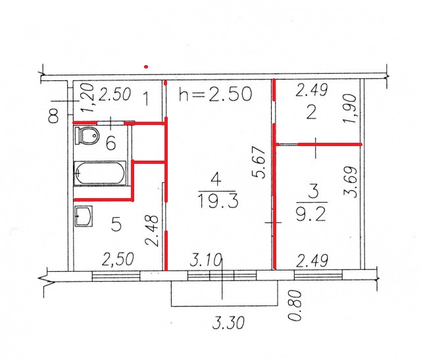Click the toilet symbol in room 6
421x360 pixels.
pyautogui.click(x=87, y=136)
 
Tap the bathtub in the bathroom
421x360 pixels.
pyautogui.click(x=100, y=173)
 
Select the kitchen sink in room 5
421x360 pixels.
pyautogui.click(x=84, y=216)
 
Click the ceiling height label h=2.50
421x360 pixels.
pyautogui.click(x=216, y=93)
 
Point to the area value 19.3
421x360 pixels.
pyautogui.click(x=218, y=201)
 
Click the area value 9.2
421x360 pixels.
pyautogui.click(x=311, y=215)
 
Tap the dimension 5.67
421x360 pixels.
pyautogui.click(x=259, y=162)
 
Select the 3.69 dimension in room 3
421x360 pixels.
pyautogui.click(x=351, y=182)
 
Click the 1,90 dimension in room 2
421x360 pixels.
pyautogui.click(x=350, y=108)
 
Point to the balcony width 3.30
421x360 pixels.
pyautogui.click(x=228, y=322)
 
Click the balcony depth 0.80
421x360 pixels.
pyautogui.click(x=295, y=305)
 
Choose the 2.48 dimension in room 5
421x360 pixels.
pyautogui.click(x=152, y=230)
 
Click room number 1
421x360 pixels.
pyautogui.click(x=145, y=99)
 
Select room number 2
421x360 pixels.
pyautogui.click(x=311, y=113)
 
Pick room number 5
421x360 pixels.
pyautogui.click(x=116, y=224)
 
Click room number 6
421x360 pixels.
pyautogui.click(x=111, y=143)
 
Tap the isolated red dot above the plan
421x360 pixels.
pyautogui.click(x=146, y=66)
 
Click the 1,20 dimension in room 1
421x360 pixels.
pyautogui.click(x=87, y=98)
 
